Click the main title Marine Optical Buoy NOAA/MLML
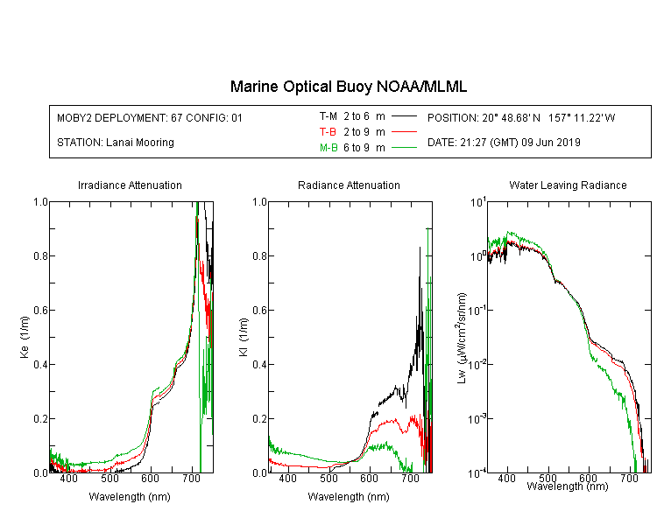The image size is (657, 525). click(349, 87)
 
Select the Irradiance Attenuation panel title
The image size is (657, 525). click(130, 185)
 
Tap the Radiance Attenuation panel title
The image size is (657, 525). click(349, 185)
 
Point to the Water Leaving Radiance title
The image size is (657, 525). click(568, 185)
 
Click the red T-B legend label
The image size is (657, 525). click(328, 132)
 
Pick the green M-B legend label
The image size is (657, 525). click(328, 147)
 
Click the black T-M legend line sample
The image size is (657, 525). click(404, 116)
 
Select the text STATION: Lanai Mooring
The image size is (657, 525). click(116, 143)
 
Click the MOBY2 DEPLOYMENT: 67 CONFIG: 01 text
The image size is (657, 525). click(150, 117)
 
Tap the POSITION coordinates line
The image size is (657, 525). click(521, 117)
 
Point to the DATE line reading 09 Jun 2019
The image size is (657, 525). click(504, 143)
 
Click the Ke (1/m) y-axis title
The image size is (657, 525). click(25, 337)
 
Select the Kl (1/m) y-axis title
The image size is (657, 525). click(244, 337)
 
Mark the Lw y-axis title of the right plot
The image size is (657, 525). click(462, 338)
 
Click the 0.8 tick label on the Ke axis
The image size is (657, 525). click(40, 255)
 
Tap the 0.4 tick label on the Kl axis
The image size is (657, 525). click(260, 364)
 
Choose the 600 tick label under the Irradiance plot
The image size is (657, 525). click(150, 478)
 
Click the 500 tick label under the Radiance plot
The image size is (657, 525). click(328, 478)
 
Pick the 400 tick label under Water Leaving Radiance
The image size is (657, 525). click(506, 478)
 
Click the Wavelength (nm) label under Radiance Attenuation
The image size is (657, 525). click(349, 497)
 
